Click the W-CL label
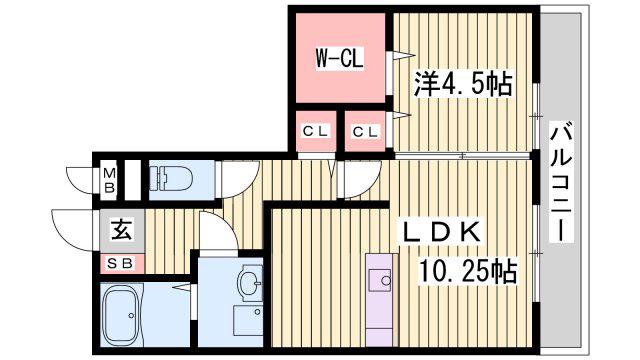pyautogui.click(x=339, y=58)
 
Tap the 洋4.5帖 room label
pyautogui.click(x=463, y=84)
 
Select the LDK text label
pyautogui.click(x=442, y=232)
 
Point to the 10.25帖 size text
pyautogui.click(x=468, y=271)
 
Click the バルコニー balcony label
pyautogui.click(x=561, y=182)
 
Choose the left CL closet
pyautogui.click(x=316, y=131)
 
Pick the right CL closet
pyautogui.click(x=365, y=131)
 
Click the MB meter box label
pyautogui.click(x=109, y=180)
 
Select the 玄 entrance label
pyautogui.click(x=122, y=231)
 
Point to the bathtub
pyautogui.click(x=122, y=315)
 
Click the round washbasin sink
pyautogui.click(x=251, y=282)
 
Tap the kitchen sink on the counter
pyautogui.click(x=380, y=280)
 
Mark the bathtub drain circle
pyautogui.click(x=131, y=316)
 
